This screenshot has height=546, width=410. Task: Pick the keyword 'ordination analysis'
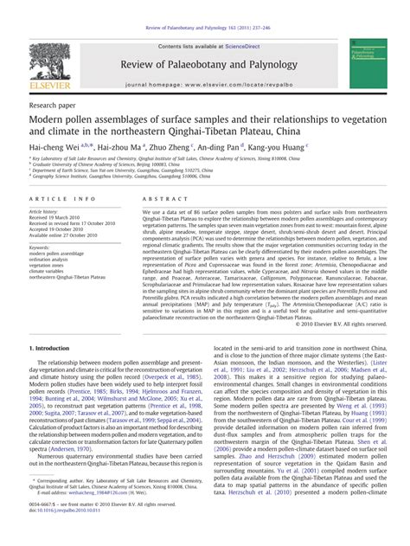(x=52, y=260)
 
